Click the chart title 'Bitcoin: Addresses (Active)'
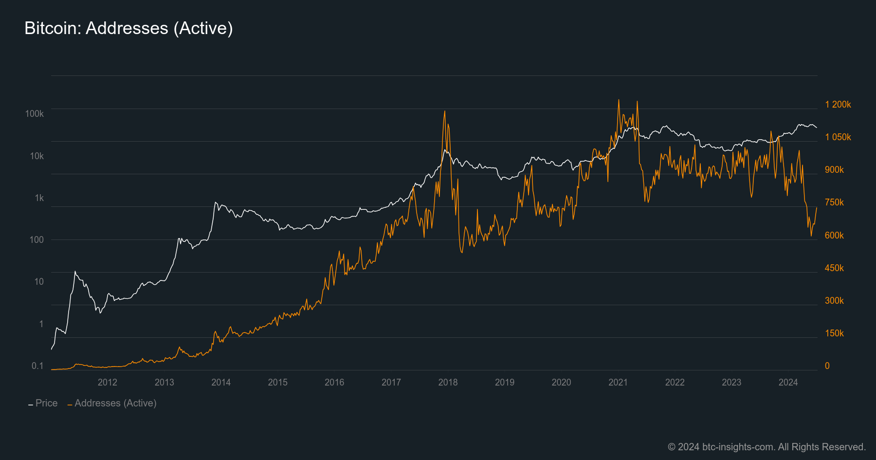click(x=128, y=28)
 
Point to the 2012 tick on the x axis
click(x=107, y=382)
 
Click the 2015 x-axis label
click(x=277, y=382)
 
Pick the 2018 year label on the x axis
click(x=448, y=382)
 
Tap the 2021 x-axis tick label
click(x=618, y=382)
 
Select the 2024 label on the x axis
click(x=788, y=382)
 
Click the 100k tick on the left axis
click(x=35, y=113)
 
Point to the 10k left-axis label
click(x=37, y=156)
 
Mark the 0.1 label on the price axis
click(x=37, y=366)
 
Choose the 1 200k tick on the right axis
click(x=838, y=104)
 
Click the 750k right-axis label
click(x=834, y=202)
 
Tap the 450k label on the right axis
click(x=834, y=268)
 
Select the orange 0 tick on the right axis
click(x=827, y=366)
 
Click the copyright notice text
click(x=766, y=446)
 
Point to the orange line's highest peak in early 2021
click(x=619, y=100)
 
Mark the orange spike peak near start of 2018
click(x=444, y=111)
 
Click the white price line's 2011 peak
click(x=75, y=271)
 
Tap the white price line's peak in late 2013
click(x=215, y=202)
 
